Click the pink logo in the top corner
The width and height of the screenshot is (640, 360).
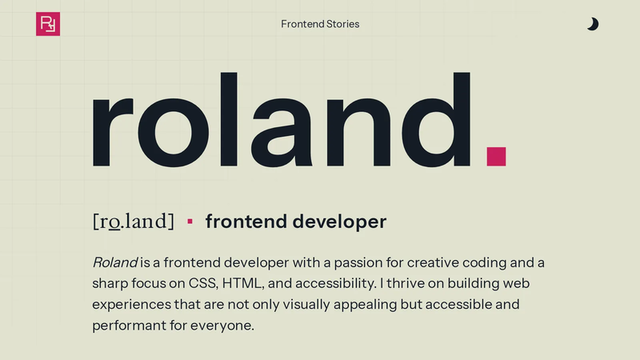48,24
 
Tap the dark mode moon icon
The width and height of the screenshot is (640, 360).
593,24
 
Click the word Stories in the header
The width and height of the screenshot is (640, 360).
343,24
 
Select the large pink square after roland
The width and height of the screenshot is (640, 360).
496,156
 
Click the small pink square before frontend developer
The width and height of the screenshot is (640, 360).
190,222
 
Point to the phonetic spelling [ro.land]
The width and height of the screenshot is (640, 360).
134,222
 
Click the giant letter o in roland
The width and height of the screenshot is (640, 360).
174,133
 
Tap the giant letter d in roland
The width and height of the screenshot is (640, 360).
436,120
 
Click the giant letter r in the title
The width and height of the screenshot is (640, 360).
113,132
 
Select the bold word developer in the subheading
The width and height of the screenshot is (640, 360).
339,222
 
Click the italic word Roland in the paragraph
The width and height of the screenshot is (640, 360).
114,262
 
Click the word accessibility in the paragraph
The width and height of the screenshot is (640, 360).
335,284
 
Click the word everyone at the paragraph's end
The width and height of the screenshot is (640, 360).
222,326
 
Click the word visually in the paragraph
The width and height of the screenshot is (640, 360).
306,305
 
